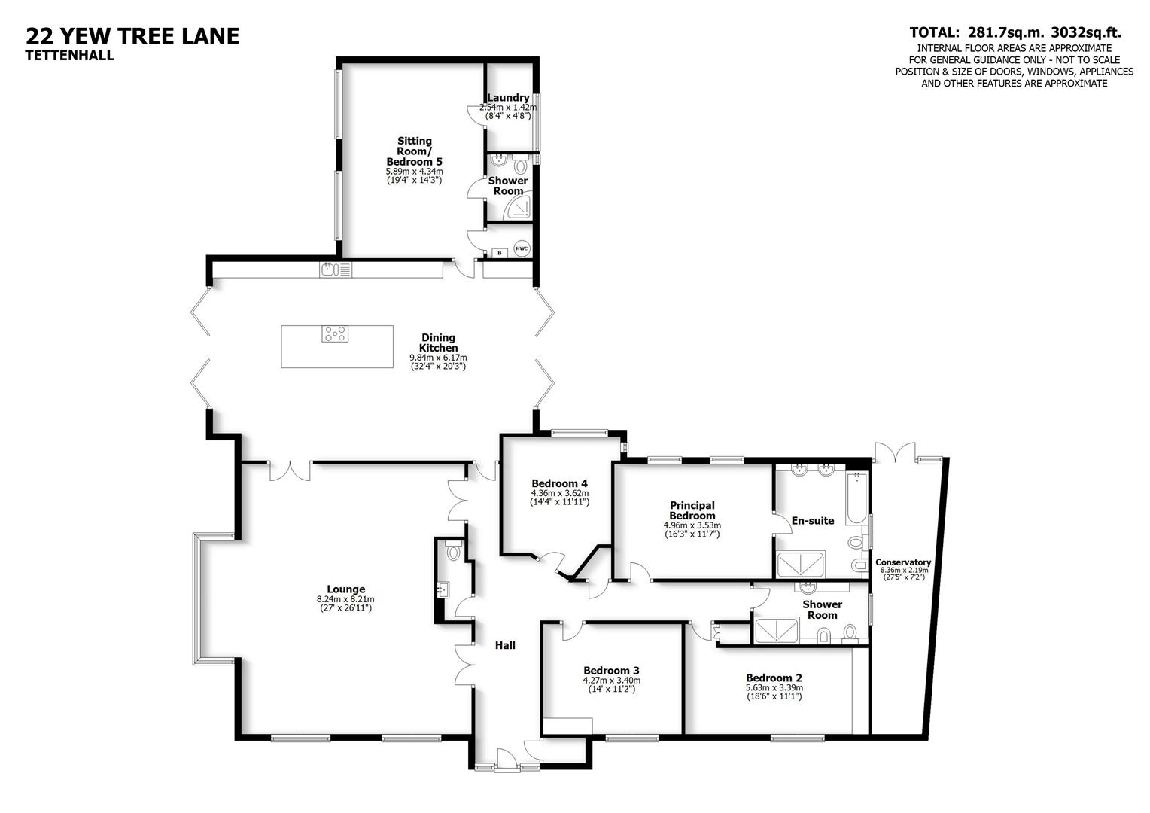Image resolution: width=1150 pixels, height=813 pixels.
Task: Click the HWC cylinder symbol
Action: point(522,248)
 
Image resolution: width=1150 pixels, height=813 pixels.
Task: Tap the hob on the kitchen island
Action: point(336,333)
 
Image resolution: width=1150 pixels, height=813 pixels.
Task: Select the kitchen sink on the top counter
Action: point(330,269)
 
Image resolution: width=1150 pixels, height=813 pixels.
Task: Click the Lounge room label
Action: point(345,589)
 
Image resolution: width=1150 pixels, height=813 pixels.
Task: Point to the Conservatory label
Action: point(903,562)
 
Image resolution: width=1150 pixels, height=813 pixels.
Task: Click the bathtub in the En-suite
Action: point(857,498)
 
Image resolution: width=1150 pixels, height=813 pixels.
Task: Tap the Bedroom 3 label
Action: point(611,670)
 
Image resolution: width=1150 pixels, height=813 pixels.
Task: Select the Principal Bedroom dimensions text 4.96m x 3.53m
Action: point(692,525)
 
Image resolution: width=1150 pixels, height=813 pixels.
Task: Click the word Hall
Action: point(504,645)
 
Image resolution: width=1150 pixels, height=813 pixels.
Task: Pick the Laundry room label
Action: point(508,98)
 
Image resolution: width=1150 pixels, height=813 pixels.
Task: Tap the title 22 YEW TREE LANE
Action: point(132,35)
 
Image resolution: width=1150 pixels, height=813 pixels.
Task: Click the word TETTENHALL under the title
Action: point(70,55)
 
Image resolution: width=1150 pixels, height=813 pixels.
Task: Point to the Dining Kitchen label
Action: point(438,343)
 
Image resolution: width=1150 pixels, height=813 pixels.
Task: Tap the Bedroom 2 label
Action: point(774,677)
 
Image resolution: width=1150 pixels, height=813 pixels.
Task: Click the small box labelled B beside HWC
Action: point(498,253)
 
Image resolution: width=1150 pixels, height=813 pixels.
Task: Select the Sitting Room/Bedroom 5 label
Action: point(414,151)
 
